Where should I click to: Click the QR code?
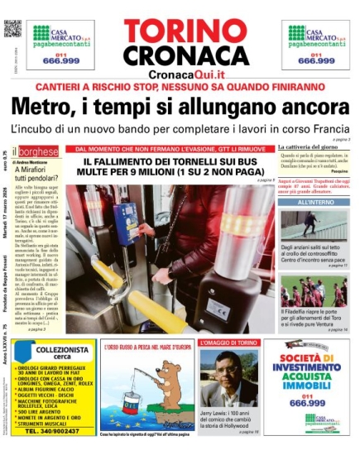[12, 28]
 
